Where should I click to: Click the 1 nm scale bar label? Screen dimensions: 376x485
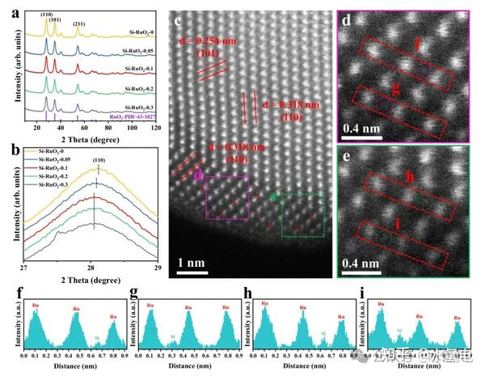click(x=190, y=262)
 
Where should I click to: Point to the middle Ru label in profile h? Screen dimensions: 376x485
click(x=302, y=307)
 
